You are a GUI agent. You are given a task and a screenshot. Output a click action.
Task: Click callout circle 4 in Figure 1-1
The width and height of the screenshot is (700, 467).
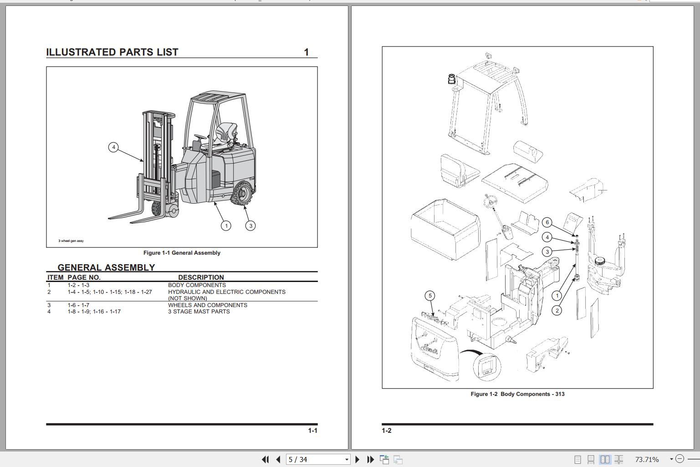point(113,147)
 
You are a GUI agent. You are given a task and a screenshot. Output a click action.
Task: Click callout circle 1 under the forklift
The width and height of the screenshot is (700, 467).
point(226,226)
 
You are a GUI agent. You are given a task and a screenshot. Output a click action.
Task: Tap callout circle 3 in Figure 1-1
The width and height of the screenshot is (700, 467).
point(250,226)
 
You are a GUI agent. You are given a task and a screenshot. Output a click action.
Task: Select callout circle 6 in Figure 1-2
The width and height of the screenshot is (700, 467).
point(547,222)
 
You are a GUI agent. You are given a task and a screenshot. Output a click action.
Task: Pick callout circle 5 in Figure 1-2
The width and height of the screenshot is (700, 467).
point(430,296)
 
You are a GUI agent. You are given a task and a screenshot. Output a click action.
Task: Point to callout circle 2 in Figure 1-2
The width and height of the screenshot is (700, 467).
point(557,310)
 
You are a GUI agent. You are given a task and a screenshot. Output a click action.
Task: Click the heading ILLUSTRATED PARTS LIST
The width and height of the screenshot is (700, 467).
point(112,52)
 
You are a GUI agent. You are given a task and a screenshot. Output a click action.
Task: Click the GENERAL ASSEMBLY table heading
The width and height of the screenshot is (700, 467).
point(106,267)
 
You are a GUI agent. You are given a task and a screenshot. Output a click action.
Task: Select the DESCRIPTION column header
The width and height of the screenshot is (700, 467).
point(201,277)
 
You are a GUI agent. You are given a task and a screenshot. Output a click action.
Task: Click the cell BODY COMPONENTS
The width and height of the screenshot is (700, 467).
point(197,285)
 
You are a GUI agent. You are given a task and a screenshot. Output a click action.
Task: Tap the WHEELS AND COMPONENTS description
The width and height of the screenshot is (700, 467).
point(207,305)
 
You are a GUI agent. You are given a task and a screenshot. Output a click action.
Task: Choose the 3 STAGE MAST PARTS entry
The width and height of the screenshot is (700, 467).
point(199,312)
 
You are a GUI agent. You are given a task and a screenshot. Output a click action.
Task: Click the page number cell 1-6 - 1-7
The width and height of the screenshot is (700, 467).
point(78,305)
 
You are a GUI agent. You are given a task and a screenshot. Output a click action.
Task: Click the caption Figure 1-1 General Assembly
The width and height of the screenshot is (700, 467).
point(182,253)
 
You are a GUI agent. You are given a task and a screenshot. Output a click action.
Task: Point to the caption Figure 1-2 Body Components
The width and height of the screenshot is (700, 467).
point(517,394)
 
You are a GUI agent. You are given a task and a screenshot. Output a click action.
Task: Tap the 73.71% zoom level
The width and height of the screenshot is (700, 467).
point(647,459)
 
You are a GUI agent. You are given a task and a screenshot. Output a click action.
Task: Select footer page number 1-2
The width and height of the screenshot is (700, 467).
point(386,431)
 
